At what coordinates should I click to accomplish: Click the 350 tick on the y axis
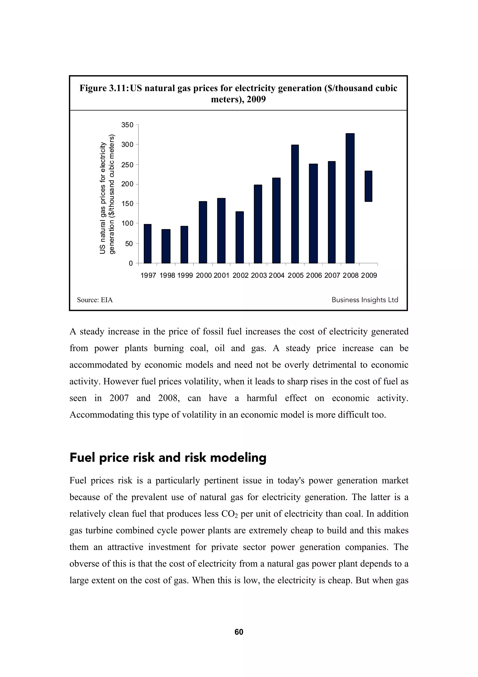(127, 125)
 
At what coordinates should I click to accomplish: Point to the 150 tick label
(127, 204)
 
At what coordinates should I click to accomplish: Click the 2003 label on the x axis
(259, 275)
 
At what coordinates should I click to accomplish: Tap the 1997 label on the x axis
(148, 275)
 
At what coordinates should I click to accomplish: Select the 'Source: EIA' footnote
(95, 300)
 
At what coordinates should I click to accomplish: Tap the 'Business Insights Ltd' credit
(365, 300)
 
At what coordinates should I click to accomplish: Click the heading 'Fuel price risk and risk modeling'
(168, 458)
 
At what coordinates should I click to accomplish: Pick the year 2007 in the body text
(119, 398)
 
